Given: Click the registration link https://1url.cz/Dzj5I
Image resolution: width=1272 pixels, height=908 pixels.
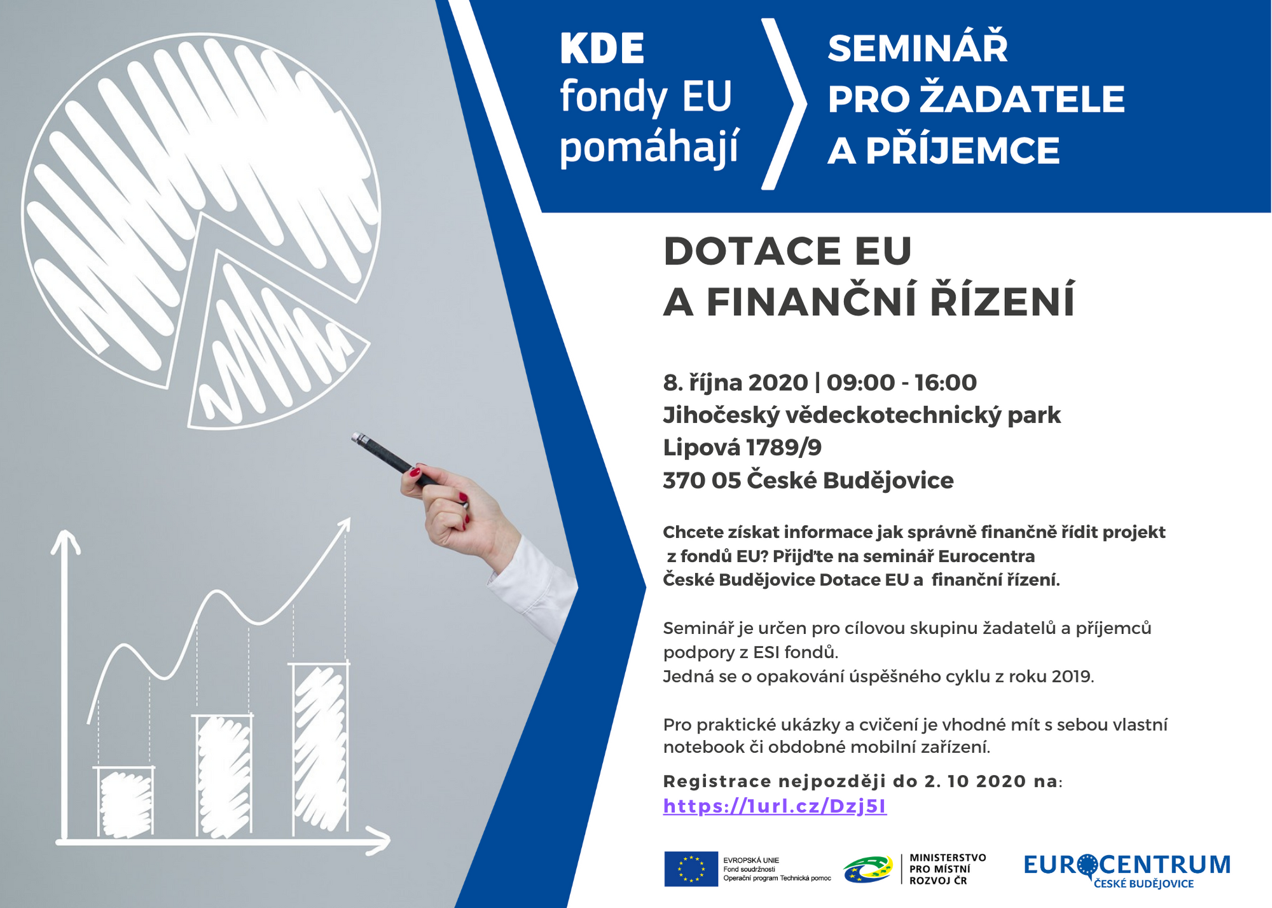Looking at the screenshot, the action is (x=775, y=806).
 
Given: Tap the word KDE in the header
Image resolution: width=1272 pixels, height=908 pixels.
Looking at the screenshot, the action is (x=602, y=49).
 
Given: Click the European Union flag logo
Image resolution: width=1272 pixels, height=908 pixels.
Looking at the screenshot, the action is (x=691, y=869).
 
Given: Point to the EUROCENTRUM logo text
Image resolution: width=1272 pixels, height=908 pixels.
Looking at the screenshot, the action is (x=1127, y=865).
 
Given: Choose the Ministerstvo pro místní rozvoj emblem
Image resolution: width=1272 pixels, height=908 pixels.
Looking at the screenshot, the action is (x=868, y=869).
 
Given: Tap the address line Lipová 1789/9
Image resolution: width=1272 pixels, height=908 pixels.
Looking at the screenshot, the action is (x=742, y=448).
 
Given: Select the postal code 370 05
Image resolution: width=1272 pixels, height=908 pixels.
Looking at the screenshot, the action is (x=702, y=481).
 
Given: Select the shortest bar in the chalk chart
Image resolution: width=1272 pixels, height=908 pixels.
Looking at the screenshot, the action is (x=125, y=802).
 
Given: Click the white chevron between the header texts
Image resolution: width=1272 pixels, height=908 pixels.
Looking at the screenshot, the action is (x=784, y=104).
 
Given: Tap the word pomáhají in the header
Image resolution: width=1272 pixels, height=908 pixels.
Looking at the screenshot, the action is (x=649, y=148).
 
